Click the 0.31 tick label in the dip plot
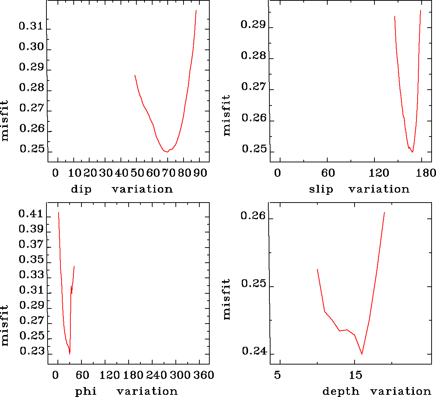point(31,26)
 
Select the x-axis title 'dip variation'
point(122,189)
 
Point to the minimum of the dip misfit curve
point(167,152)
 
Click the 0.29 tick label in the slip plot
point(253,25)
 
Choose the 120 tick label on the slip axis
point(379,173)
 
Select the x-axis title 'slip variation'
point(359,189)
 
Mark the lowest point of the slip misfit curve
point(412,152)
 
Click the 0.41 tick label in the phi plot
point(31,214)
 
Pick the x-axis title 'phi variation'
point(126,391)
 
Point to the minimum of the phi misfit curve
point(70,354)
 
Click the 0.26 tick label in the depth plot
point(253,215)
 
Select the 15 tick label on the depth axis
point(356,375)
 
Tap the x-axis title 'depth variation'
point(376,391)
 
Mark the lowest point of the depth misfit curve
point(362,354)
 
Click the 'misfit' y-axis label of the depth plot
point(226,299)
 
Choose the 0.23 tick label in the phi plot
point(32,351)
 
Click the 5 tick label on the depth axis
point(277,375)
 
